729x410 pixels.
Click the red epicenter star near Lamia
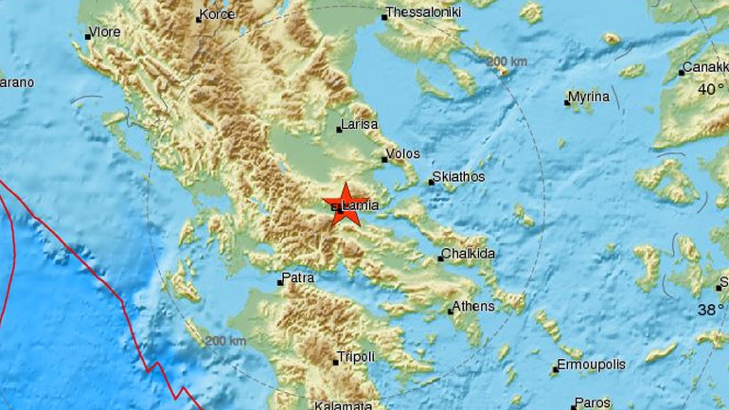tap(345, 205)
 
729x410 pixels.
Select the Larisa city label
tap(361, 124)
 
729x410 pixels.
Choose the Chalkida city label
tap(471, 255)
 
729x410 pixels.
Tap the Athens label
tap(473, 306)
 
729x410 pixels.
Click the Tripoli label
tap(357, 356)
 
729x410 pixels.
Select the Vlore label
tap(105, 32)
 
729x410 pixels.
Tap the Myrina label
tap(589, 98)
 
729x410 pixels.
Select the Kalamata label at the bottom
tap(344, 404)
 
